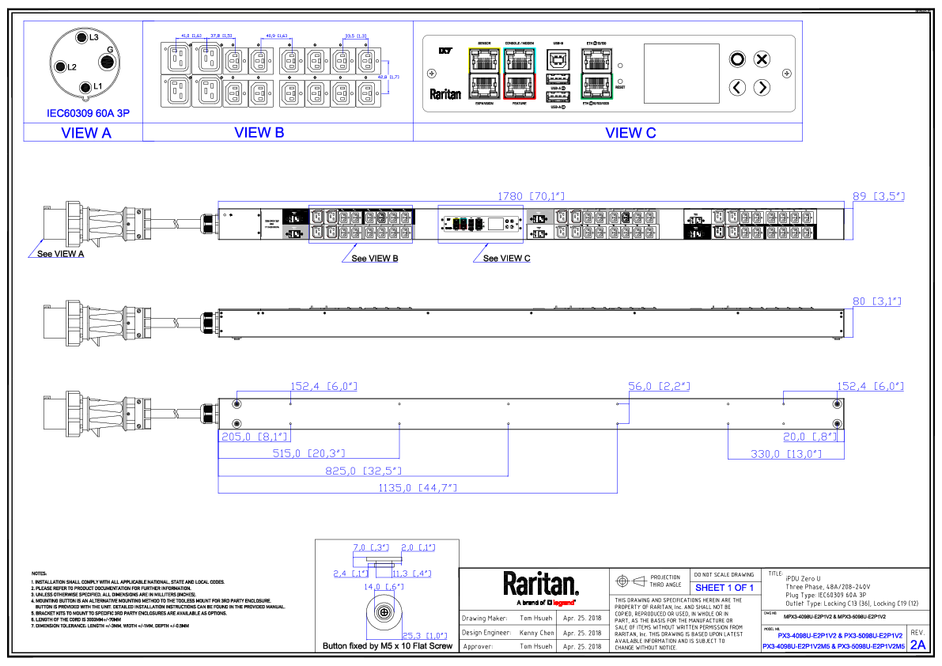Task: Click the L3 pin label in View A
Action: click(x=93, y=37)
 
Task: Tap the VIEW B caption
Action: click(x=259, y=133)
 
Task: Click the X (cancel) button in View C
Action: click(x=761, y=59)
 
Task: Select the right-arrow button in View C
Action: click(x=761, y=87)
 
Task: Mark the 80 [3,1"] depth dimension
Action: click(x=878, y=301)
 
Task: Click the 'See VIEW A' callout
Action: click(x=61, y=254)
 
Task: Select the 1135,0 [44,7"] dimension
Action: click(x=420, y=487)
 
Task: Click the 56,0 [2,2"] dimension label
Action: click(x=659, y=386)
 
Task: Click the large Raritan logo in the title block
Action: click(x=541, y=585)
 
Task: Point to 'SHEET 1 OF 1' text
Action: click(x=724, y=588)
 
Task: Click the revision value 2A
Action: click(x=917, y=645)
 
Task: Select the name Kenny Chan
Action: click(x=536, y=633)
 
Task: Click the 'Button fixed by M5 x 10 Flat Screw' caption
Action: click(x=387, y=646)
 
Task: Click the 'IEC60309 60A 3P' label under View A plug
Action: click(x=87, y=113)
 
